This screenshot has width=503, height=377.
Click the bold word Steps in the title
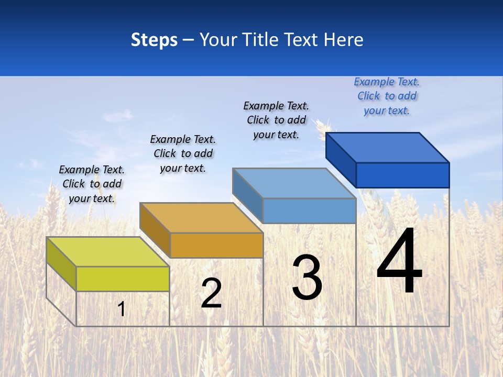tap(154, 40)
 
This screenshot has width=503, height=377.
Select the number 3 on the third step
tap(307, 278)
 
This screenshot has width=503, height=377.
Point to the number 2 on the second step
tap(211, 294)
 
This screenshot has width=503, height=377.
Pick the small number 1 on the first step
tap(122, 309)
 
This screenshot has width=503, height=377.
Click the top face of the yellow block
tap(107, 252)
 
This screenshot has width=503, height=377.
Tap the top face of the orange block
tap(201, 218)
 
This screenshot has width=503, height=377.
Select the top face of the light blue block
tap(294, 183)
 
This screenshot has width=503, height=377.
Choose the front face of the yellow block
tap(123, 279)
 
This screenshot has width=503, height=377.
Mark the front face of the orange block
tap(216, 245)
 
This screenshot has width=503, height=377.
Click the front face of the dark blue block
tap(402, 175)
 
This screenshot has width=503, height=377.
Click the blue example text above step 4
tap(387, 96)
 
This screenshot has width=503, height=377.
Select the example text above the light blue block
tap(276, 120)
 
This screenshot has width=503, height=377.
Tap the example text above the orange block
tap(183, 153)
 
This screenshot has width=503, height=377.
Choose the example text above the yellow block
tap(92, 184)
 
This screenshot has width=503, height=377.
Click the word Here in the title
tap(344, 40)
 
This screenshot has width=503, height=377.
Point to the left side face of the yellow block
tap(61, 264)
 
